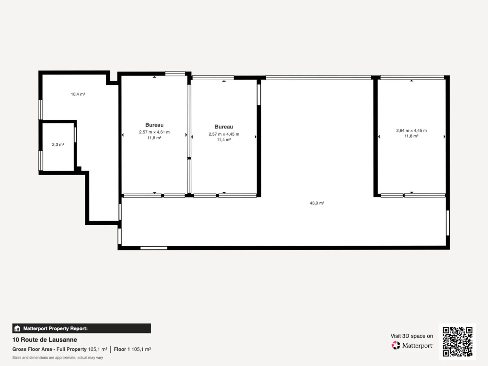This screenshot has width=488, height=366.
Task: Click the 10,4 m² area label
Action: [x=78, y=94]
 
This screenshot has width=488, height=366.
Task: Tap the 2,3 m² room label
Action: [x=58, y=145]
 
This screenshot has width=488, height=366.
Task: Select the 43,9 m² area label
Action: [x=317, y=203]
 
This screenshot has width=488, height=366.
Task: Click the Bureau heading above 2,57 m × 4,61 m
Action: [x=155, y=125]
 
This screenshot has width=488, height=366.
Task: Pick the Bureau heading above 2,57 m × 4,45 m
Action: [x=224, y=127]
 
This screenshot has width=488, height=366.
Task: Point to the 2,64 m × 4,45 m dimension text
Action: [x=411, y=130]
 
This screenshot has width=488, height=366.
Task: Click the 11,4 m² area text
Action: [x=224, y=140]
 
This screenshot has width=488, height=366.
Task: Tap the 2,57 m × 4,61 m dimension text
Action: [x=155, y=132]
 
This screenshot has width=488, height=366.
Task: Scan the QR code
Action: [x=457, y=342]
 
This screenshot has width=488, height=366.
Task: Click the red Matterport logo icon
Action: [x=396, y=345]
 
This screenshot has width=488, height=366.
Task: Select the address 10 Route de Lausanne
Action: [x=45, y=340]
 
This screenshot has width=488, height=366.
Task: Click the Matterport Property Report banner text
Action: [x=55, y=328]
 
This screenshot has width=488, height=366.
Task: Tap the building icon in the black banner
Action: [x=17, y=328]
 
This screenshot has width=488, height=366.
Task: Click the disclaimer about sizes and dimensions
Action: [x=58, y=358]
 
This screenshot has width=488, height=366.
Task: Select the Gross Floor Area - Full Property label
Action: [x=49, y=349]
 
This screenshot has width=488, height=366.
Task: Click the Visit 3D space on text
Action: [x=412, y=336]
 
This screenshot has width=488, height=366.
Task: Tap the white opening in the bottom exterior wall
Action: [x=154, y=248]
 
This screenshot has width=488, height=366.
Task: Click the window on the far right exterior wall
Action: [x=448, y=223]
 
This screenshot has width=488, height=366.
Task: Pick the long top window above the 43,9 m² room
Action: [x=318, y=78]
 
